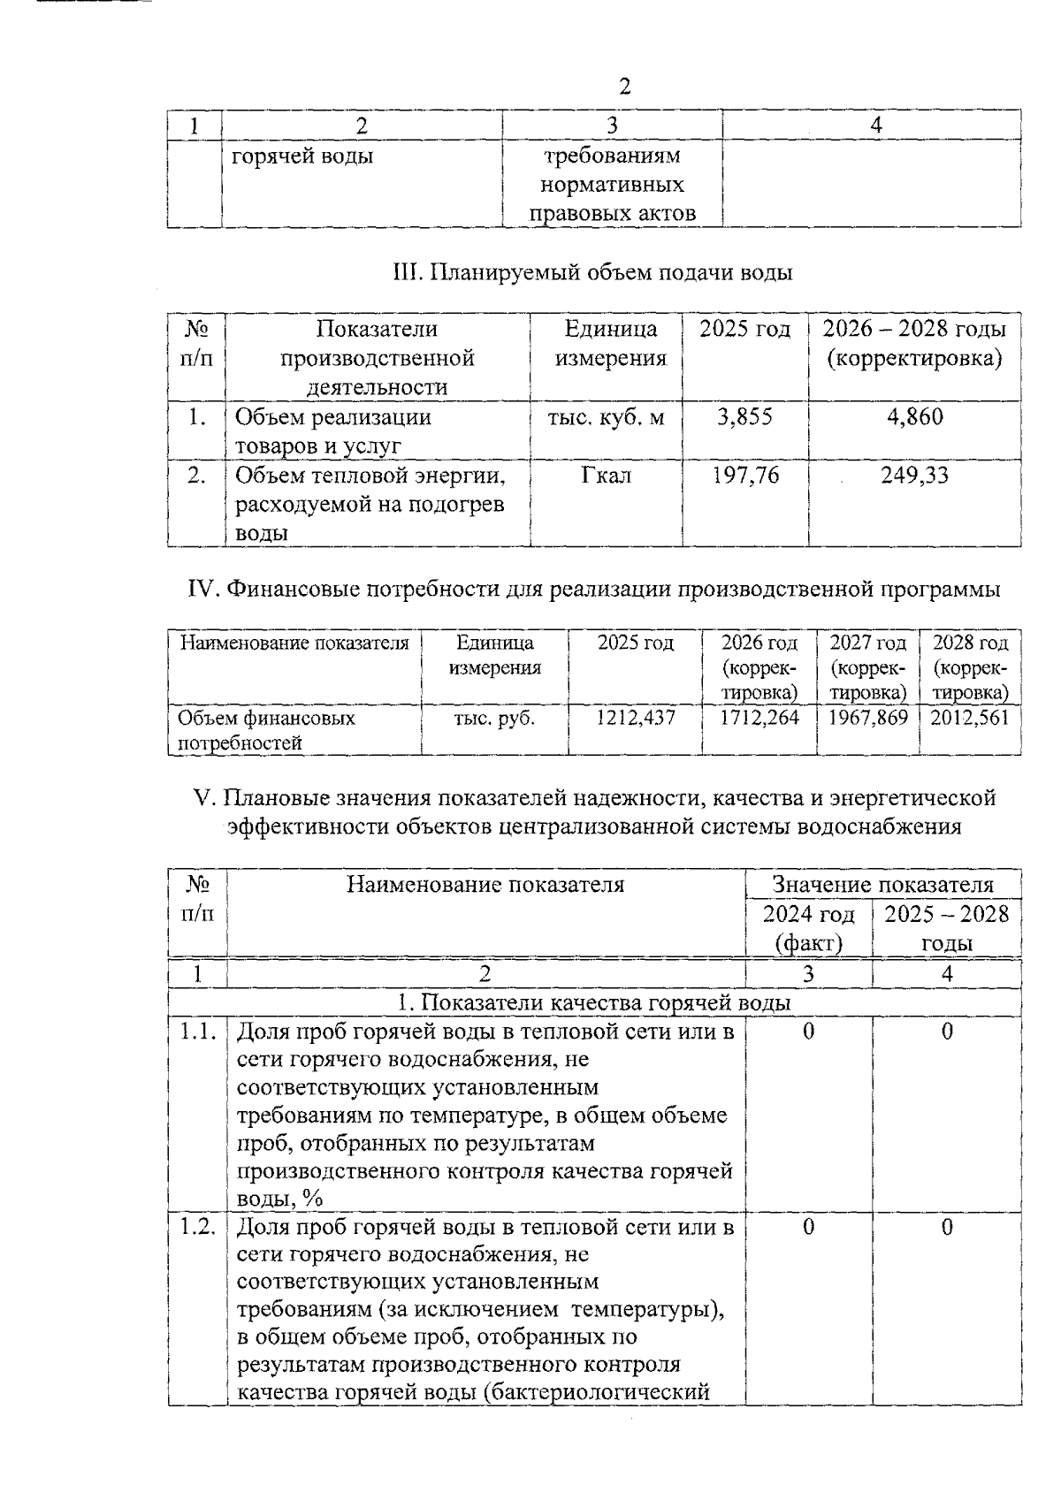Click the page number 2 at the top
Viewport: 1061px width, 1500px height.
(624, 87)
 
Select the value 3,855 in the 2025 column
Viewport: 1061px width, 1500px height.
(744, 416)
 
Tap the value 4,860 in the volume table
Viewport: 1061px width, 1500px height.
(915, 416)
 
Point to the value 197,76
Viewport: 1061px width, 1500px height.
(745, 476)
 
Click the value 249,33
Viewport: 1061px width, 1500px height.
(914, 476)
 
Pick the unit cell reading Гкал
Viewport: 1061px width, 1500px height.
(606, 476)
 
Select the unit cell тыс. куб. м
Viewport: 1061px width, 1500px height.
(606, 416)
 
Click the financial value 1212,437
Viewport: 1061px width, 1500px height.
(635, 718)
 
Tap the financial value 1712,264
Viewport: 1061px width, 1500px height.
(759, 718)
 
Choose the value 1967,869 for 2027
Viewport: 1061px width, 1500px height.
(867, 718)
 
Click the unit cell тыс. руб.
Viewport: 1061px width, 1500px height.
(494, 718)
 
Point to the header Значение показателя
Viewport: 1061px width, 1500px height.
(882, 884)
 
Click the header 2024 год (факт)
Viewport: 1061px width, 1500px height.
(808, 927)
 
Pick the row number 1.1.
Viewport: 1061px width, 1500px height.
(198, 1031)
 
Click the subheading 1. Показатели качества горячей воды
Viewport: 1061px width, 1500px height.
(593, 1002)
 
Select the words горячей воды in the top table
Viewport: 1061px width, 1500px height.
(302, 156)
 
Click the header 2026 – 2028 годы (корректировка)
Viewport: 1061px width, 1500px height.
(914, 344)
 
